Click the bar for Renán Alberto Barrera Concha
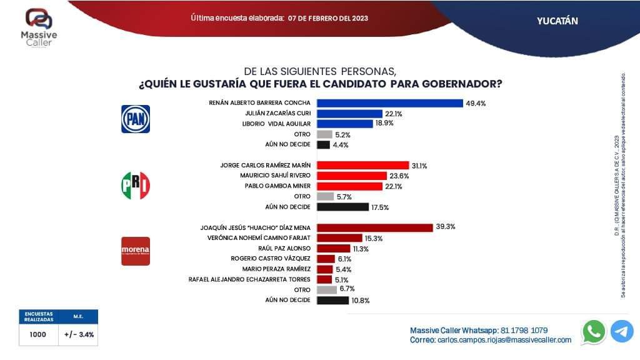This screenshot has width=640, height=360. [x=389, y=103]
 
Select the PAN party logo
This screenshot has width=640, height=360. [x=135, y=119]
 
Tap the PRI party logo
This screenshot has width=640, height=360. [x=135, y=185]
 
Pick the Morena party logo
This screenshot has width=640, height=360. [x=135, y=251]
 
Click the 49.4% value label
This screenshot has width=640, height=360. [x=476, y=103]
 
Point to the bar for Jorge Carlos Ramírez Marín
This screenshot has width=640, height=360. [x=362, y=166]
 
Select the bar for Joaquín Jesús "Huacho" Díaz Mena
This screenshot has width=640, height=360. [x=375, y=227]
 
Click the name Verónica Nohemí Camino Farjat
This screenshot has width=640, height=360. [x=258, y=238]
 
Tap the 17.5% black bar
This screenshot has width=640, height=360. [x=342, y=207]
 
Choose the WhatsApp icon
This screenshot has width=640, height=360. [x=593, y=331]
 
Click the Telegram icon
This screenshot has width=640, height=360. [x=622, y=331]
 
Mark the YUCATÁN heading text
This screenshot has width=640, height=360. [x=557, y=21]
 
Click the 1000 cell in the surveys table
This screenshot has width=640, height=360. [x=37, y=334]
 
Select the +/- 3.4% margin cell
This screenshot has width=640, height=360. [x=79, y=334]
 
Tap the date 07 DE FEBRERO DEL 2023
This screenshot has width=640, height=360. [x=328, y=18]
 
